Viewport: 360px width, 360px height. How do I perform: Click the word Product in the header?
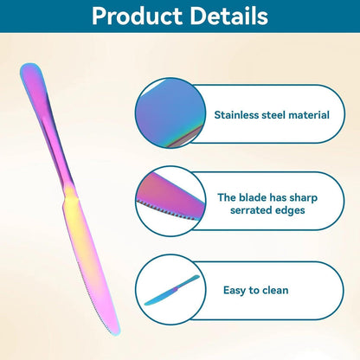(137, 16)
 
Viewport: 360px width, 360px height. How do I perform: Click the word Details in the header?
(229, 16)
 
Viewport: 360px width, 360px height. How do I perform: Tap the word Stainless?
(236, 115)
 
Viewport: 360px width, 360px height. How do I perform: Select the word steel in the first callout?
(274, 115)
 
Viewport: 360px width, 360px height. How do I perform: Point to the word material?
(309, 115)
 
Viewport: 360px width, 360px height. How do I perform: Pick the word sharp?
(303, 198)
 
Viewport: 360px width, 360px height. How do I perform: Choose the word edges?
(289, 211)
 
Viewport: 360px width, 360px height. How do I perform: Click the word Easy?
(235, 291)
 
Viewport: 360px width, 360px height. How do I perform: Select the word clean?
(274, 290)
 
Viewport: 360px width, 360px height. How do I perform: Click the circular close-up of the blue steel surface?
(170, 113)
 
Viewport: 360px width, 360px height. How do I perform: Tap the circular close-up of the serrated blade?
(170, 201)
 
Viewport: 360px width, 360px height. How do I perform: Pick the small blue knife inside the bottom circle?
(171, 290)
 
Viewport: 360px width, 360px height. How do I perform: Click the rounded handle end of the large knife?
(30, 71)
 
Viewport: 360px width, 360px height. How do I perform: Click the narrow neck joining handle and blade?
(69, 189)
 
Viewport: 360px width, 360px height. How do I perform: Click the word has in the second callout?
(278, 197)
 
